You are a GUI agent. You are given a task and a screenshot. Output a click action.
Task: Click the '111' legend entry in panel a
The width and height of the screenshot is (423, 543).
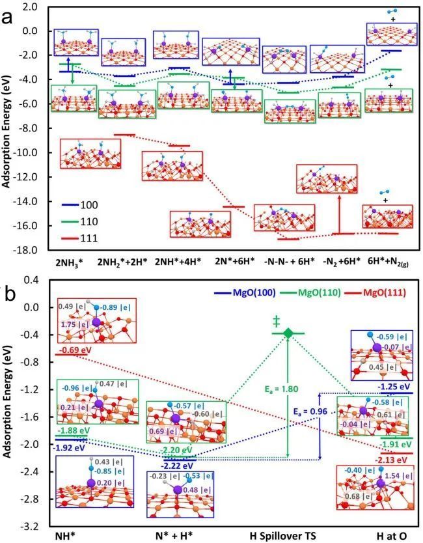tap(89, 238)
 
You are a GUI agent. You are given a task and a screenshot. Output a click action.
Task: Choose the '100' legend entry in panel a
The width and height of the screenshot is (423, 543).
tap(89, 204)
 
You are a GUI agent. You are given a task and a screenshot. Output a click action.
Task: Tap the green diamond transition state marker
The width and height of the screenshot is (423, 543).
tap(288, 333)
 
